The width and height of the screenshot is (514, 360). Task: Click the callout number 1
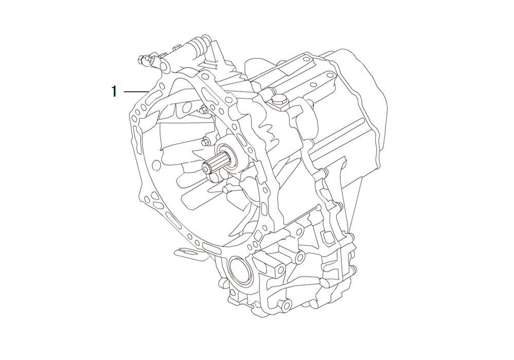pyautogui.click(x=114, y=91)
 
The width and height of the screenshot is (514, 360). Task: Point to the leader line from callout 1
pyautogui.click(x=136, y=92)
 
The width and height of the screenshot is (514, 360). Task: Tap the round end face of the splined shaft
pyautogui.click(x=206, y=169)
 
